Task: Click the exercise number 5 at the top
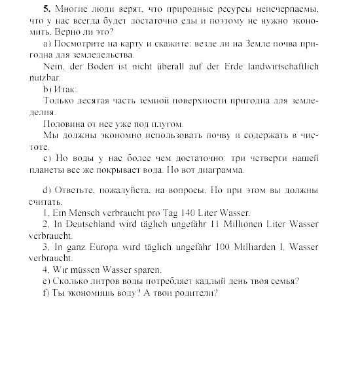pyautogui.click(x=45, y=9)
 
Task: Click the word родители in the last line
pyautogui.click(x=192, y=292)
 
